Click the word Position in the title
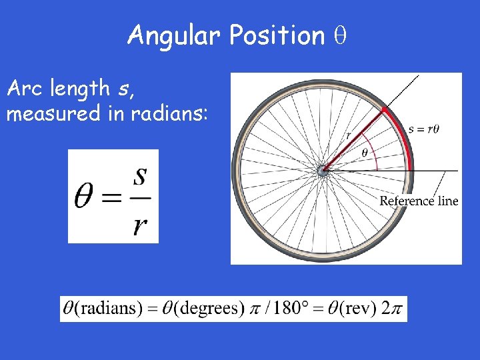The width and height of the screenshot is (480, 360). (x=276, y=35)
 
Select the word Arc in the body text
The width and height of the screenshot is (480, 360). (x=27, y=87)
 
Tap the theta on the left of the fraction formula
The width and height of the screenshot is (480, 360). (x=85, y=198)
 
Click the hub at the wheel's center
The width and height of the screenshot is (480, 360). (x=324, y=171)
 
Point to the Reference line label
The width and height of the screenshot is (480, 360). (x=419, y=201)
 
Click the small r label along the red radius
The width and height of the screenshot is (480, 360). (x=349, y=135)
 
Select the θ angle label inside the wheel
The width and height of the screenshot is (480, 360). (x=364, y=153)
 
